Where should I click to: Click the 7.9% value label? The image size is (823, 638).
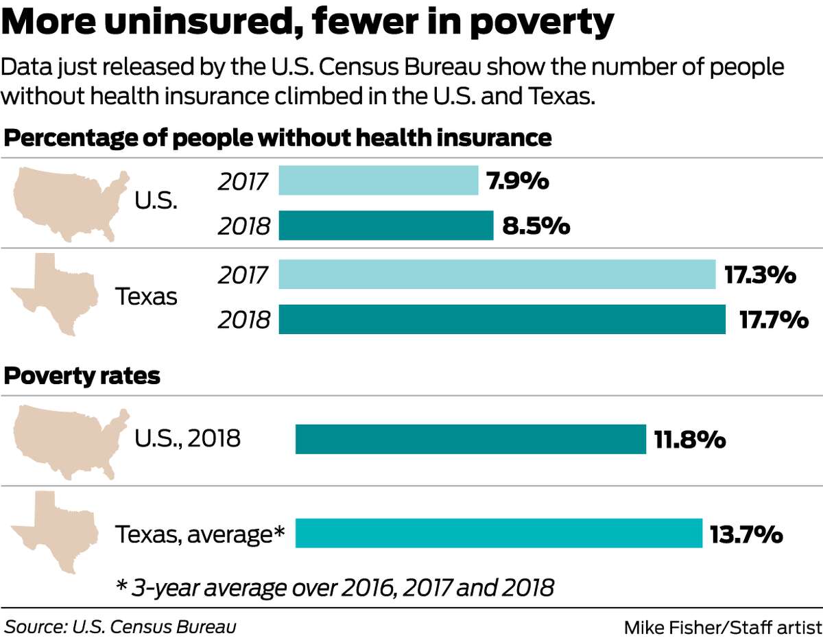coord(518,181)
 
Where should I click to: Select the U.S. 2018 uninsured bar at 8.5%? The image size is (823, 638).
coord(386,226)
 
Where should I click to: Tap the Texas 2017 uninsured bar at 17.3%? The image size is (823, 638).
coord(497,274)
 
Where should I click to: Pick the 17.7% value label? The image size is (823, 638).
coord(774,320)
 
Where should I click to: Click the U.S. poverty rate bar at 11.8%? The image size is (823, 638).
coord(470,439)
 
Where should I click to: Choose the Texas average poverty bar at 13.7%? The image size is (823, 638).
coord(499,533)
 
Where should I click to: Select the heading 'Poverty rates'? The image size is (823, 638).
coord(82,377)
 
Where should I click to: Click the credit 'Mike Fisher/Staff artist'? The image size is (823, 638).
coord(722,627)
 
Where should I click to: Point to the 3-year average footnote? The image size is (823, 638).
coord(334,588)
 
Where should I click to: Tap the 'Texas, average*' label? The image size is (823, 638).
coord(200,534)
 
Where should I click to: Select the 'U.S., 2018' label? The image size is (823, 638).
coord(187,438)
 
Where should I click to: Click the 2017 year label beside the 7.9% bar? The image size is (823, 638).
coord(243,182)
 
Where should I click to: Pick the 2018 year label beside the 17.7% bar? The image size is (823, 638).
coord(243,320)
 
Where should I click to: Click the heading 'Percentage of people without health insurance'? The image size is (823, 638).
coord(278,138)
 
